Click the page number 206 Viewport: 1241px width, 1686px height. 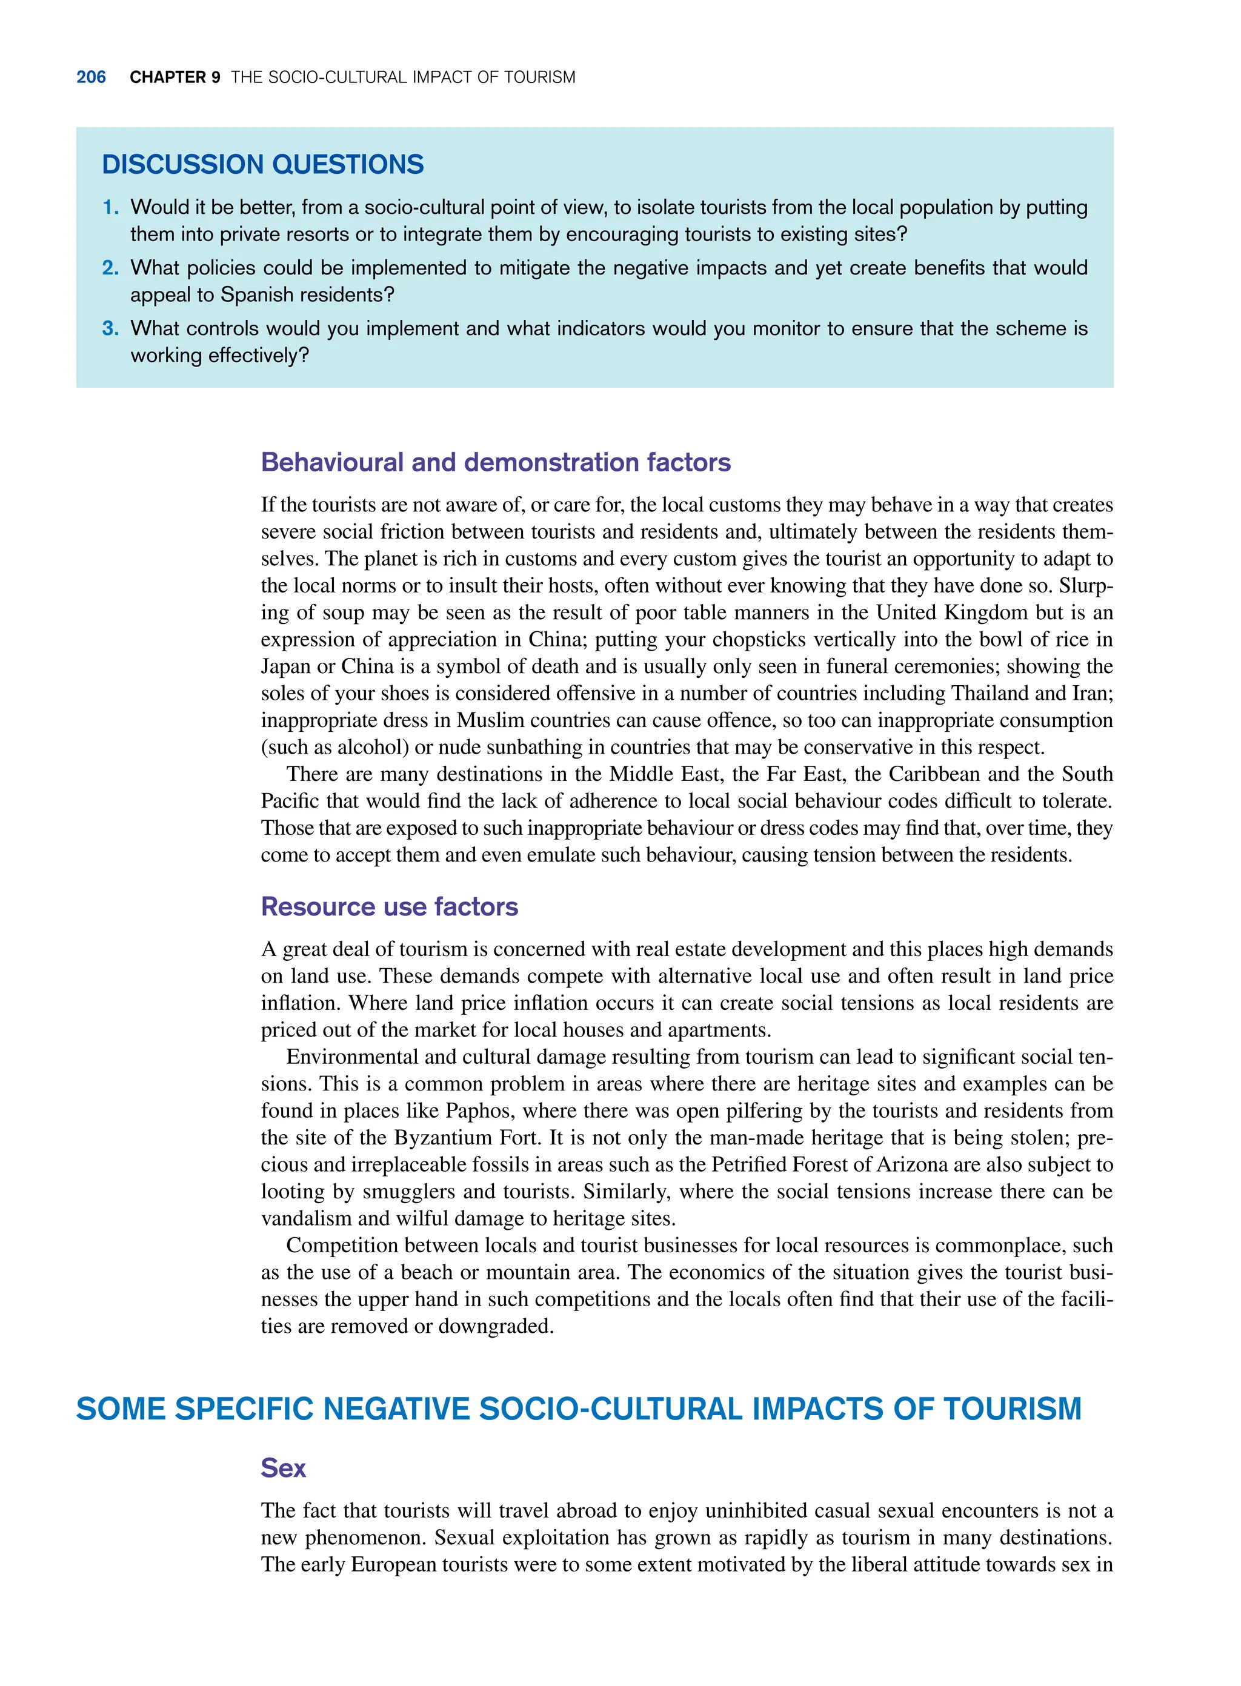coord(91,78)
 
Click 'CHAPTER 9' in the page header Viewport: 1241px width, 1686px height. coord(175,78)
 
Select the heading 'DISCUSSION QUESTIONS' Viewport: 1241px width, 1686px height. coord(262,164)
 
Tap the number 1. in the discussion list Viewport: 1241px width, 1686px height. coord(111,207)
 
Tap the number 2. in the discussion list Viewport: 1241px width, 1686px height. coord(111,268)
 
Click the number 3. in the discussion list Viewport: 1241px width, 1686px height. coord(111,328)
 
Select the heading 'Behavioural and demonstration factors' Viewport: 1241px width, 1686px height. coord(495,462)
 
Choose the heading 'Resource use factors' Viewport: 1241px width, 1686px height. coord(389,906)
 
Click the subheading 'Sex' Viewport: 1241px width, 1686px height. coord(283,1469)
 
